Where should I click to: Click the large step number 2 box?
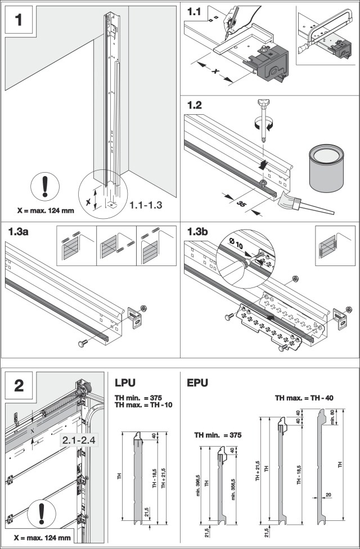(19, 386)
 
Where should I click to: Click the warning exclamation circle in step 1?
(43, 186)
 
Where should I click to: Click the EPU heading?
(199, 383)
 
